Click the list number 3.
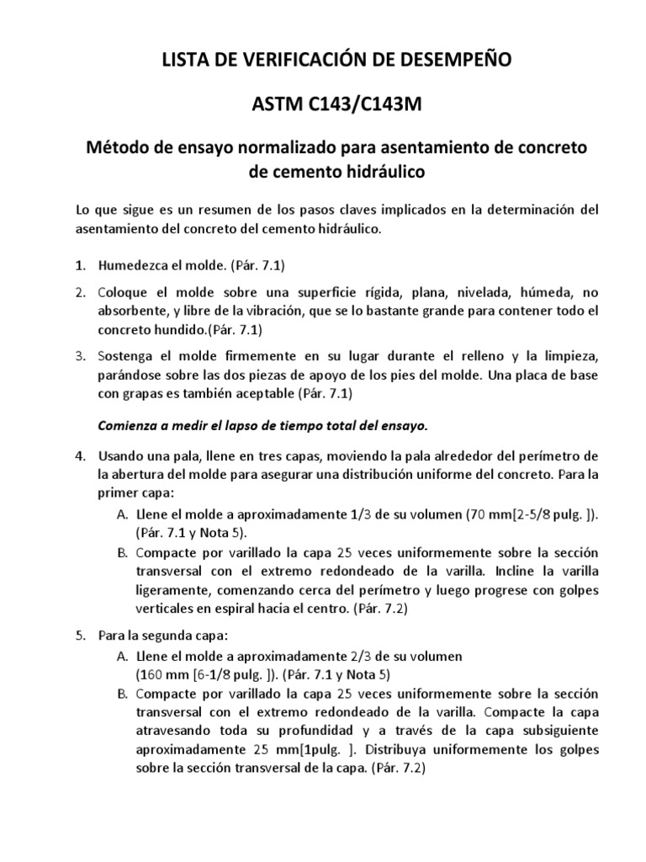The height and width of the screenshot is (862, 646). tap(79, 356)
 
